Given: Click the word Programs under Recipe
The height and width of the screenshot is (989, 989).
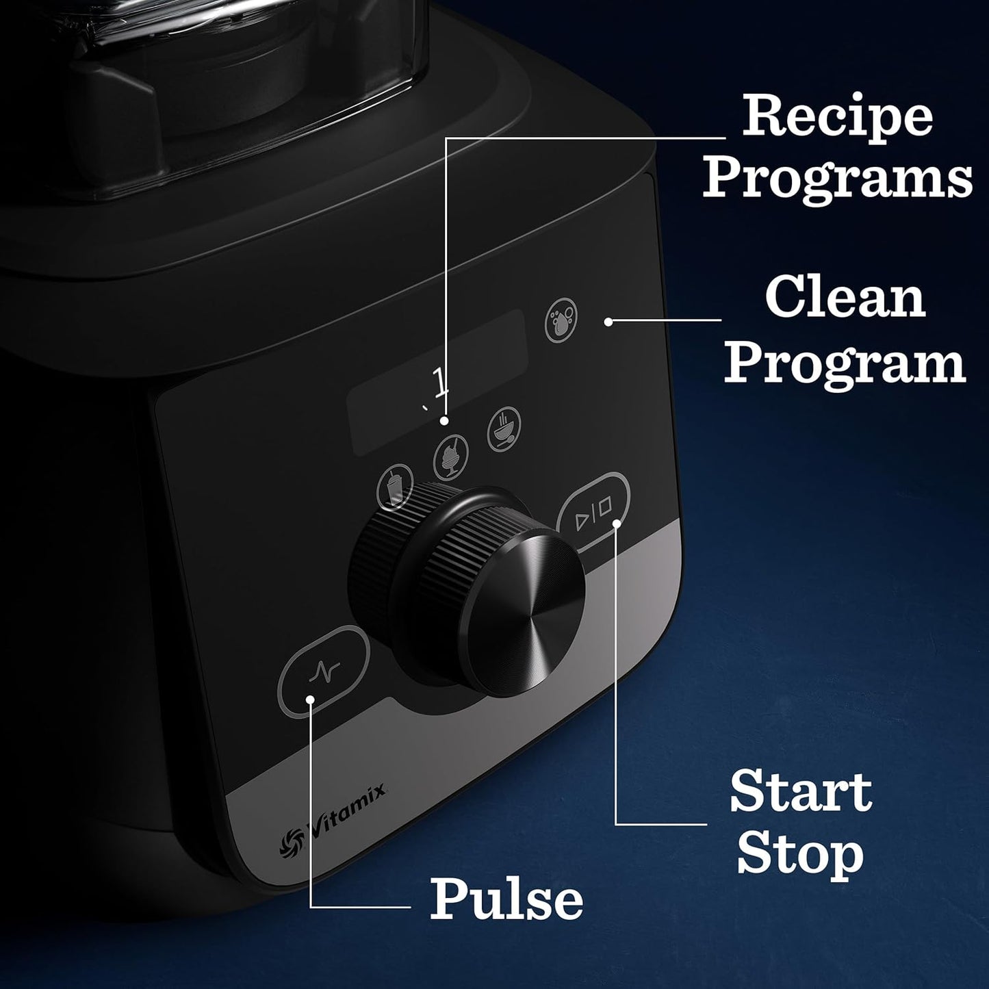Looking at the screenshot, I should pos(837,177).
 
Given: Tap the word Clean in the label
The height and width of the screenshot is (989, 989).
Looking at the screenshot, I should pos(845,298).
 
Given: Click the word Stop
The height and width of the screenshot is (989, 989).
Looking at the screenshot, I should pos(800,854).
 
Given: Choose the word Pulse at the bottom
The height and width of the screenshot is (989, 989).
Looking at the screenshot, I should pos(506,899).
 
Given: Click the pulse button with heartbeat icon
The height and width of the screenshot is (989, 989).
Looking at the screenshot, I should pos(324,672).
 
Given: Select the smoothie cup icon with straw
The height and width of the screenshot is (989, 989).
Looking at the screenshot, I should pos(396,486).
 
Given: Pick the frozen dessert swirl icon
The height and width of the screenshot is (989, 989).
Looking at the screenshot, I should pos(451,457).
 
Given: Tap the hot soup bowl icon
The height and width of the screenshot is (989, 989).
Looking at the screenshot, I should pos(504,428).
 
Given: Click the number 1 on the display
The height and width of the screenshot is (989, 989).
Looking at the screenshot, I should pos(440,382).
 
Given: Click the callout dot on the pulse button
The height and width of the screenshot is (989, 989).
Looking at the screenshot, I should pos(311,699).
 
